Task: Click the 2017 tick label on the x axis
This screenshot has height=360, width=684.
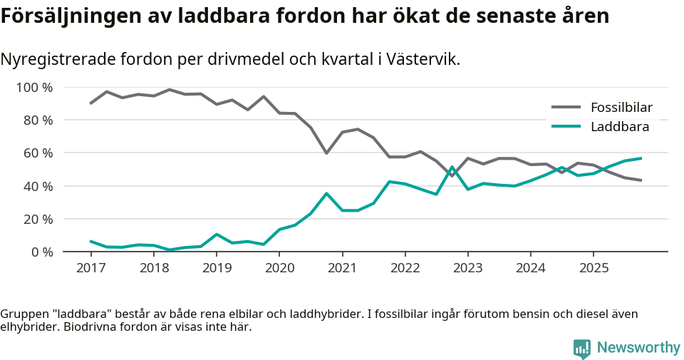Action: [x=90, y=268]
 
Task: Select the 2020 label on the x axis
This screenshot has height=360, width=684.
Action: [x=279, y=268]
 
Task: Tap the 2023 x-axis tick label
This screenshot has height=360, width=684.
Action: [x=468, y=268]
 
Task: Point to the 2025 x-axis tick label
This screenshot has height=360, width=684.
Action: [x=594, y=268]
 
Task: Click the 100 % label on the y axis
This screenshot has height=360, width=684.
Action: [x=34, y=88]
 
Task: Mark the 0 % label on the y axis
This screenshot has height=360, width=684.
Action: [x=41, y=252]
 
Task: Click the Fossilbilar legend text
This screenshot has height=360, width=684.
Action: [x=621, y=108]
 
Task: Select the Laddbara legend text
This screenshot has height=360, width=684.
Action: [x=619, y=127]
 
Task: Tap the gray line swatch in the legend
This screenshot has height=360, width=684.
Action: [x=566, y=108]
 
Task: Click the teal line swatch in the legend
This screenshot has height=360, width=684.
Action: [x=566, y=127]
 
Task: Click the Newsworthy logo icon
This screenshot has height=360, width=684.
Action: [x=582, y=349]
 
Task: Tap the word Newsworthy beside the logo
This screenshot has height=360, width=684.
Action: [x=638, y=348]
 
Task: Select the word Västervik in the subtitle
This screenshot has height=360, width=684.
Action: [x=423, y=59]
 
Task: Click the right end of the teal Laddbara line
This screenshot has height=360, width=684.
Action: [x=641, y=158]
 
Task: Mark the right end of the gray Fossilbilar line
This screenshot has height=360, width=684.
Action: [x=641, y=180]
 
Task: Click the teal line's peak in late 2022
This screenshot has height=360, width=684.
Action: [x=452, y=168]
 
